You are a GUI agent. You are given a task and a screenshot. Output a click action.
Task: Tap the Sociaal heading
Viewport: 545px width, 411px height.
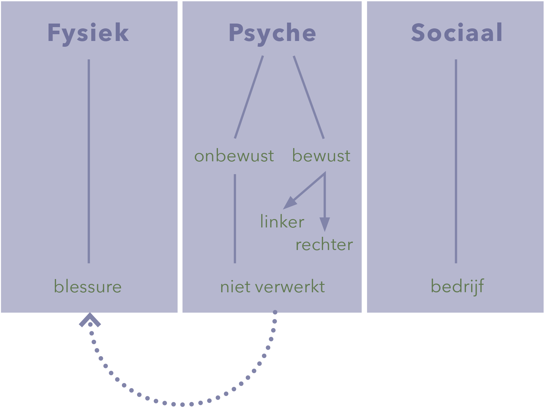[x=457, y=33]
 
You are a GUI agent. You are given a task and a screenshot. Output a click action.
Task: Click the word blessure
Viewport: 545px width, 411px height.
[x=88, y=286]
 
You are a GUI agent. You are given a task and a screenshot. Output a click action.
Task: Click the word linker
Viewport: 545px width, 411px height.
[x=282, y=221]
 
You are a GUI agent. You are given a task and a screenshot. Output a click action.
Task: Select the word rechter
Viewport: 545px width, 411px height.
[x=324, y=244]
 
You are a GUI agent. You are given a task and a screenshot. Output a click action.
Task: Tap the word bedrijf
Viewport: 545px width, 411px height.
[x=457, y=286]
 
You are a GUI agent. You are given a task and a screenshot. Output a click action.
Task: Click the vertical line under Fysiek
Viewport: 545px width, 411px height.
[x=89, y=161]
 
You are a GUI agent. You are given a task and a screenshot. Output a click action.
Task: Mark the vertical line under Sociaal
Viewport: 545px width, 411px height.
[x=456, y=161]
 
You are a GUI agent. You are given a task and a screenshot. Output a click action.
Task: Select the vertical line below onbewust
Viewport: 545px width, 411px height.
[x=235, y=219]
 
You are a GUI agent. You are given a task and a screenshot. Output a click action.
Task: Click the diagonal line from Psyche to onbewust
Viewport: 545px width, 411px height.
[x=249, y=97]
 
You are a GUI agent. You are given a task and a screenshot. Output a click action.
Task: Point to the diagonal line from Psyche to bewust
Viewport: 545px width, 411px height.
[x=309, y=97]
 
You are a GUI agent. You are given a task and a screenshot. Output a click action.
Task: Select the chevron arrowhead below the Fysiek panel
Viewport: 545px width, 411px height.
[x=90, y=320]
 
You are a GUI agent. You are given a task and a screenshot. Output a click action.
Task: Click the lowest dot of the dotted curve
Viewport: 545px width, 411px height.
[x=183, y=405]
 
